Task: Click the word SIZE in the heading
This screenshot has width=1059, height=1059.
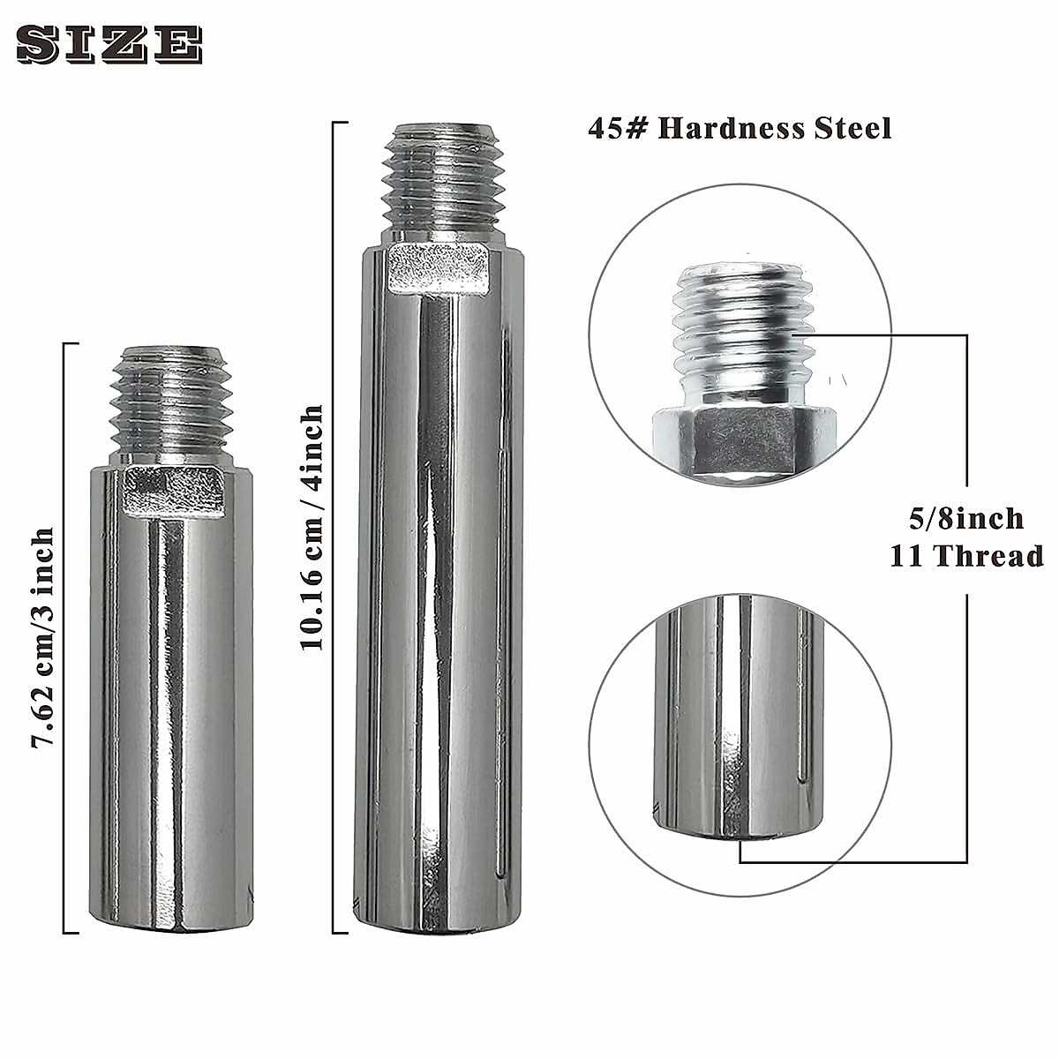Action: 109,45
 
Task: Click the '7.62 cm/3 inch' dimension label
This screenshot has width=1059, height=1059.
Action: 43,638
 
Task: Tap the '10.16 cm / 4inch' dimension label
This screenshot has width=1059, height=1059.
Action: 312,528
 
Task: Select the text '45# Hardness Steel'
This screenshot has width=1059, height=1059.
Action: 740,128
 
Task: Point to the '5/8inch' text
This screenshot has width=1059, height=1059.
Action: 966,518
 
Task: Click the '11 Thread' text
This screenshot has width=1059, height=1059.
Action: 966,556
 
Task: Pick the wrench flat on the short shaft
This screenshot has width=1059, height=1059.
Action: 170,492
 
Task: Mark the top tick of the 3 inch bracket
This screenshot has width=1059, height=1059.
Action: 71,344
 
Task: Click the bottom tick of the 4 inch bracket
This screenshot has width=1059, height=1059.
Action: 340,932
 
